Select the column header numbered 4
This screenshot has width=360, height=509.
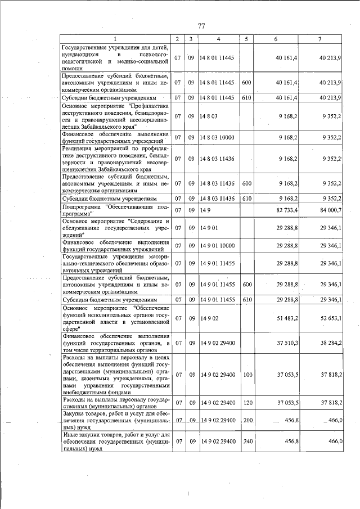click(218, 39)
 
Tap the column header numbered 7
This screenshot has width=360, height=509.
click(319, 39)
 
